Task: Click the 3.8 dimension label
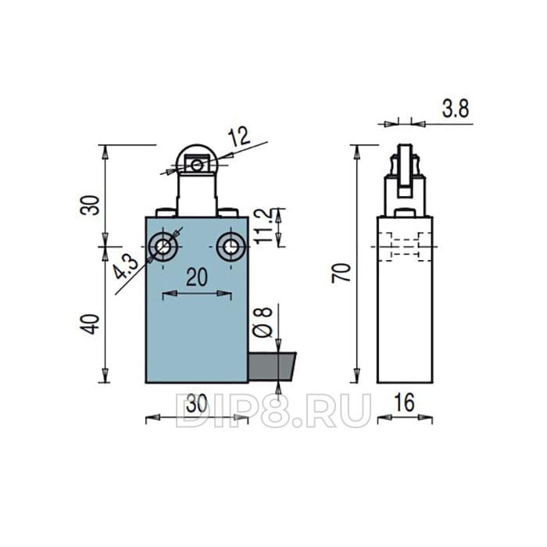coord(456,109)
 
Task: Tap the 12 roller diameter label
coord(240,137)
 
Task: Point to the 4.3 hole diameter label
coord(126,266)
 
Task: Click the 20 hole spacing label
coord(197,277)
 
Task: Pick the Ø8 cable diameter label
coord(263,322)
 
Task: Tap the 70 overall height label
coord(341,273)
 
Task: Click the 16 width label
coord(404,402)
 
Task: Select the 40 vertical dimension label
coord(90,324)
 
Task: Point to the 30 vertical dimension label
coord(90,205)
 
